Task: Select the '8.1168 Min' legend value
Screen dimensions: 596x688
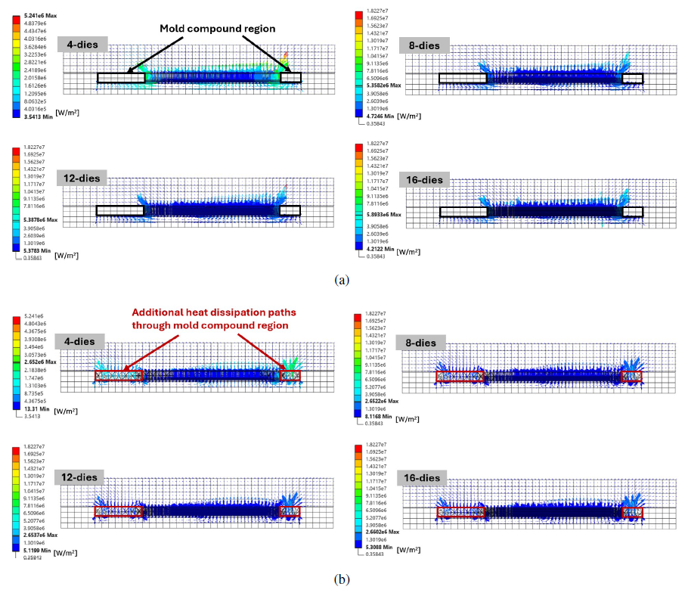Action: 378,416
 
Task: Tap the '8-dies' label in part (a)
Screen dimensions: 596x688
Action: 424,45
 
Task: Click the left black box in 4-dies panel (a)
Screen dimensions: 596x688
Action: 121,77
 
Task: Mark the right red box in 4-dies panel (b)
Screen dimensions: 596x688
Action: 290,376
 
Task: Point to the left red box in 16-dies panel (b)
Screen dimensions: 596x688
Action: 460,512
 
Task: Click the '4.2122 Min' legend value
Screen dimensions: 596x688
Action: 380,249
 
